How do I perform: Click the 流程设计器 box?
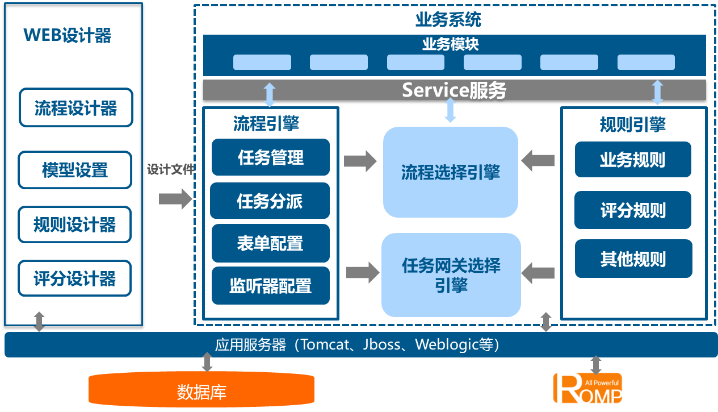tap(75, 107)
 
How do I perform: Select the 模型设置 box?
tap(75, 170)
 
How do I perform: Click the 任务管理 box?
tap(271, 157)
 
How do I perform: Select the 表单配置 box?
tap(270, 243)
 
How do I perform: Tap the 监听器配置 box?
tap(270, 285)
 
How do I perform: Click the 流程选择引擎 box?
tap(451, 172)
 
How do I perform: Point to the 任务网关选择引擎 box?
tap(451, 275)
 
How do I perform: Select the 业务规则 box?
tap(633, 160)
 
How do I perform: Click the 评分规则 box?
tap(633, 210)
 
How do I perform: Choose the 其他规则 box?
tap(633, 259)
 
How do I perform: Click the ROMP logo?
tap(588, 388)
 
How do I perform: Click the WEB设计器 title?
tap(67, 36)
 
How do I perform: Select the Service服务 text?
tap(454, 90)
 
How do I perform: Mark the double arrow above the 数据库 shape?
tap(207, 362)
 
